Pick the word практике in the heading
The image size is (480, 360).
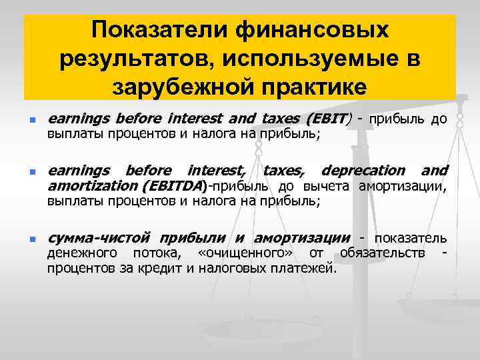click(x=307, y=87)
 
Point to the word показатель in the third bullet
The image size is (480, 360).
click(x=411, y=239)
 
